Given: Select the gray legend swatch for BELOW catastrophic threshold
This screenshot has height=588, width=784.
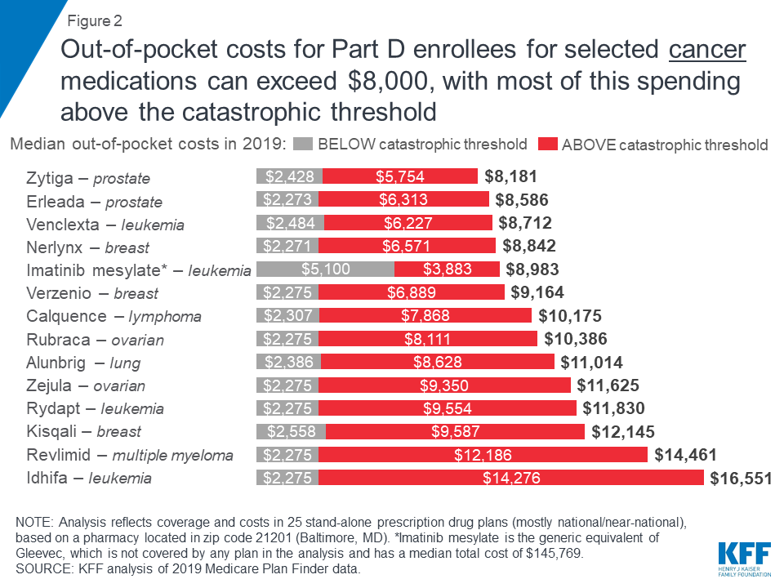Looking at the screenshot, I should pyautogui.click(x=301, y=145).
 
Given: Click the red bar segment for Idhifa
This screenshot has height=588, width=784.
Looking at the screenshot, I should pyautogui.click(x=510, y=479).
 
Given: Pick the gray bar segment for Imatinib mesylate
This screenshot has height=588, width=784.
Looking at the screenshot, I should pyautogui.click(x=325, y=269).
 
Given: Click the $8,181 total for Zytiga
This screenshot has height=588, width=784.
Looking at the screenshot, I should pyautogui.click(x=511, y=176).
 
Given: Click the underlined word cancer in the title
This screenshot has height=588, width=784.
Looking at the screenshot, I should pyautogui.click(x=707, y=51).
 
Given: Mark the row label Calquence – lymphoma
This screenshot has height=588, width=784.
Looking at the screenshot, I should pyautogui.click(x=114, y=316).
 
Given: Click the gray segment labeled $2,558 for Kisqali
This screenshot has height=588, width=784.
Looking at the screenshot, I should pyautogui.click(x=291, y=432).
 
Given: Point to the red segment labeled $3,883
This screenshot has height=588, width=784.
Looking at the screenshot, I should pyautogui.click(x=447, y=269).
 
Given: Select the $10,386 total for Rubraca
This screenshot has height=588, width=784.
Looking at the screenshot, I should pyautogui.click(x=574, y=339).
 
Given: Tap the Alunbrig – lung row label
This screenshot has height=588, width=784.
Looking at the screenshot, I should pyautogui.click(x=83, y=363).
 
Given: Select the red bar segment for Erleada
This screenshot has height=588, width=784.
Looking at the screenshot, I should pyautogui.click(x=403, y=200).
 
